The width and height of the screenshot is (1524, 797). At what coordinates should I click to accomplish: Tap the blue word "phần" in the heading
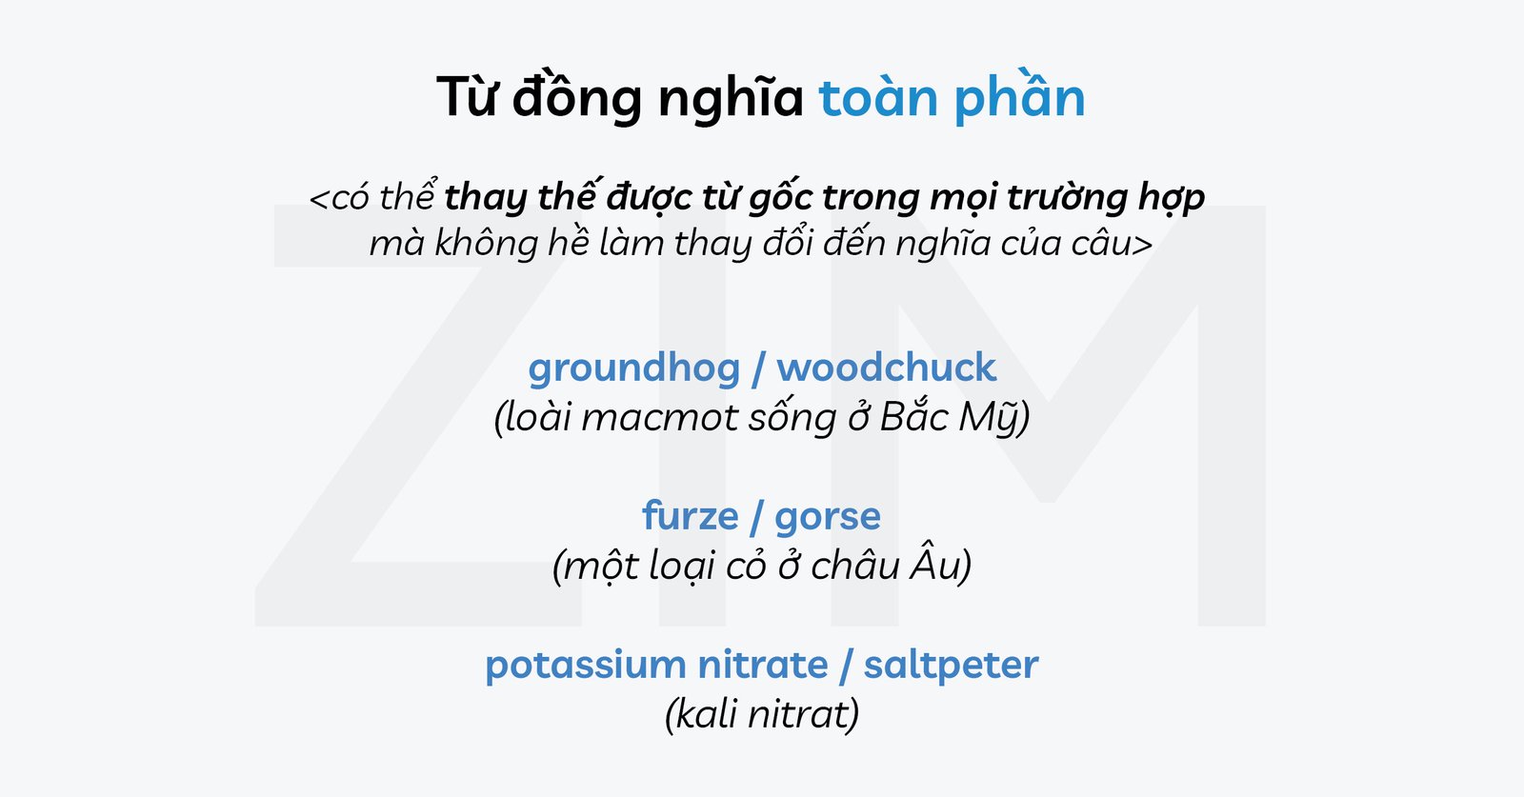[x=1018, y=98]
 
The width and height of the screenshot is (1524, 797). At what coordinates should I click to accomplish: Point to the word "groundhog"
[x=634, y=368]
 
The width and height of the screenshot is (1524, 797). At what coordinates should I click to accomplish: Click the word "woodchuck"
[x=886, y=368]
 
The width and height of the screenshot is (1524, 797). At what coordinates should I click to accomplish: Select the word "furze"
[x=691, y=516]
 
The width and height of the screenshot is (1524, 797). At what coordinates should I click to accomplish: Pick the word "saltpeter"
[x=951, y=665]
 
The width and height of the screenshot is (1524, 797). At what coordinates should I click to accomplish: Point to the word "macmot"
[x=657, y=418]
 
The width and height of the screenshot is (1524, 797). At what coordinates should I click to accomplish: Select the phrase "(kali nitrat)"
[x=762, y=714]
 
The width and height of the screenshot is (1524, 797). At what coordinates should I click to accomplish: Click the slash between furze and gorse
[x=756, y=517]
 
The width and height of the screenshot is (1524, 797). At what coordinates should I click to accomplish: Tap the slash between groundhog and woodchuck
[x=758, y=369]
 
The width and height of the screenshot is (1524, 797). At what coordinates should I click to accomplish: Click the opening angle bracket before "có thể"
[x=319, y=199]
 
